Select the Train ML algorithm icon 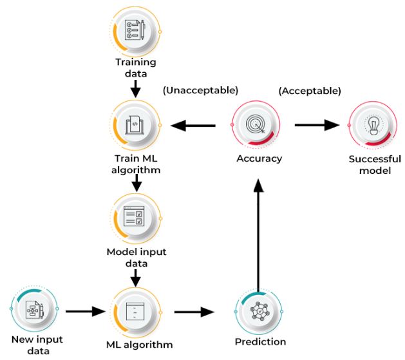[136, 124]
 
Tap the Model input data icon [136, 217]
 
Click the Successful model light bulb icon [373, 124]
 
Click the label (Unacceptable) [200, 90]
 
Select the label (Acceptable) [310, 90]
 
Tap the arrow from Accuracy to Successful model [317, 125]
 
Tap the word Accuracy [258, 158]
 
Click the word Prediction [259, 342]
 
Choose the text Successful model [374, 165]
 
